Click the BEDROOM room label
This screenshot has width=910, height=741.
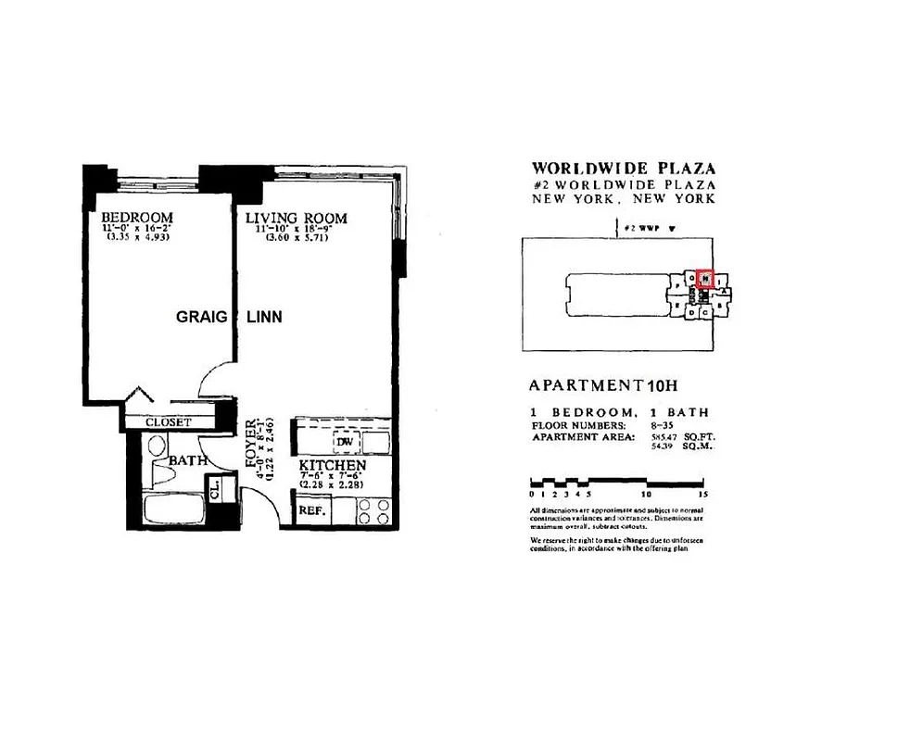coord(137,218)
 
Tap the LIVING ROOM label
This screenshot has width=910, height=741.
coord(296,219)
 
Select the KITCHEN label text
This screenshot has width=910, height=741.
coord(332,465)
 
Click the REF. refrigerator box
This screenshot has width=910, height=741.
coord(310,509)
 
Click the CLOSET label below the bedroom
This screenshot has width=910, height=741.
coord(168,422)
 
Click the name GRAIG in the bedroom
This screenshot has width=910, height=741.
coord(199,317)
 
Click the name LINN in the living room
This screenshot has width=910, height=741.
coord(264,317)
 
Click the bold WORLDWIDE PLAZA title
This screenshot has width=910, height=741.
coord(623,169)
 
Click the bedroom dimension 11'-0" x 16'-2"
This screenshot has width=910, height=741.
coord(136,228)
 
